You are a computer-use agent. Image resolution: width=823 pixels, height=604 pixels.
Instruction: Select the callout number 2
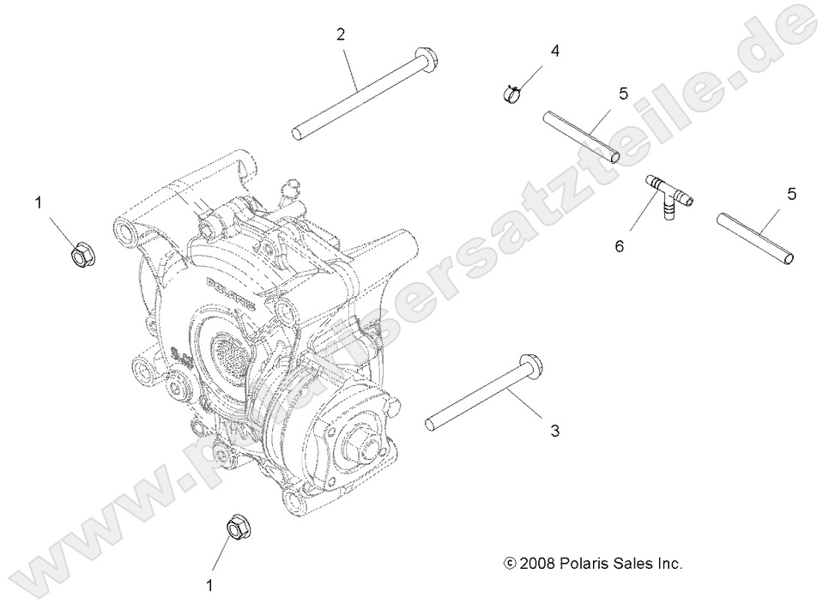click(341, 34)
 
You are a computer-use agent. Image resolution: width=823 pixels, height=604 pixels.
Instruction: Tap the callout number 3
click(554, 431)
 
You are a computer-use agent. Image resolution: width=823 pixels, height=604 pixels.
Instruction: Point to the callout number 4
click(554, 51)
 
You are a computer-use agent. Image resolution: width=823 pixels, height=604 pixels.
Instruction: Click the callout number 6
click(620, 246)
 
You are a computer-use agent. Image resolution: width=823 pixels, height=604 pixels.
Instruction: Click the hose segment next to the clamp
click(580, 135)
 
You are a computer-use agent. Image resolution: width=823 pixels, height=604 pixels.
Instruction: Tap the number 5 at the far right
click(791, 193)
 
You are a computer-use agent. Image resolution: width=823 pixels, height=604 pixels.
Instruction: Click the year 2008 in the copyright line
click(540, 564)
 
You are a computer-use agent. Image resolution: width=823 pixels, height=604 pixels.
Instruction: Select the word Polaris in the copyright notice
click(592, 564)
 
